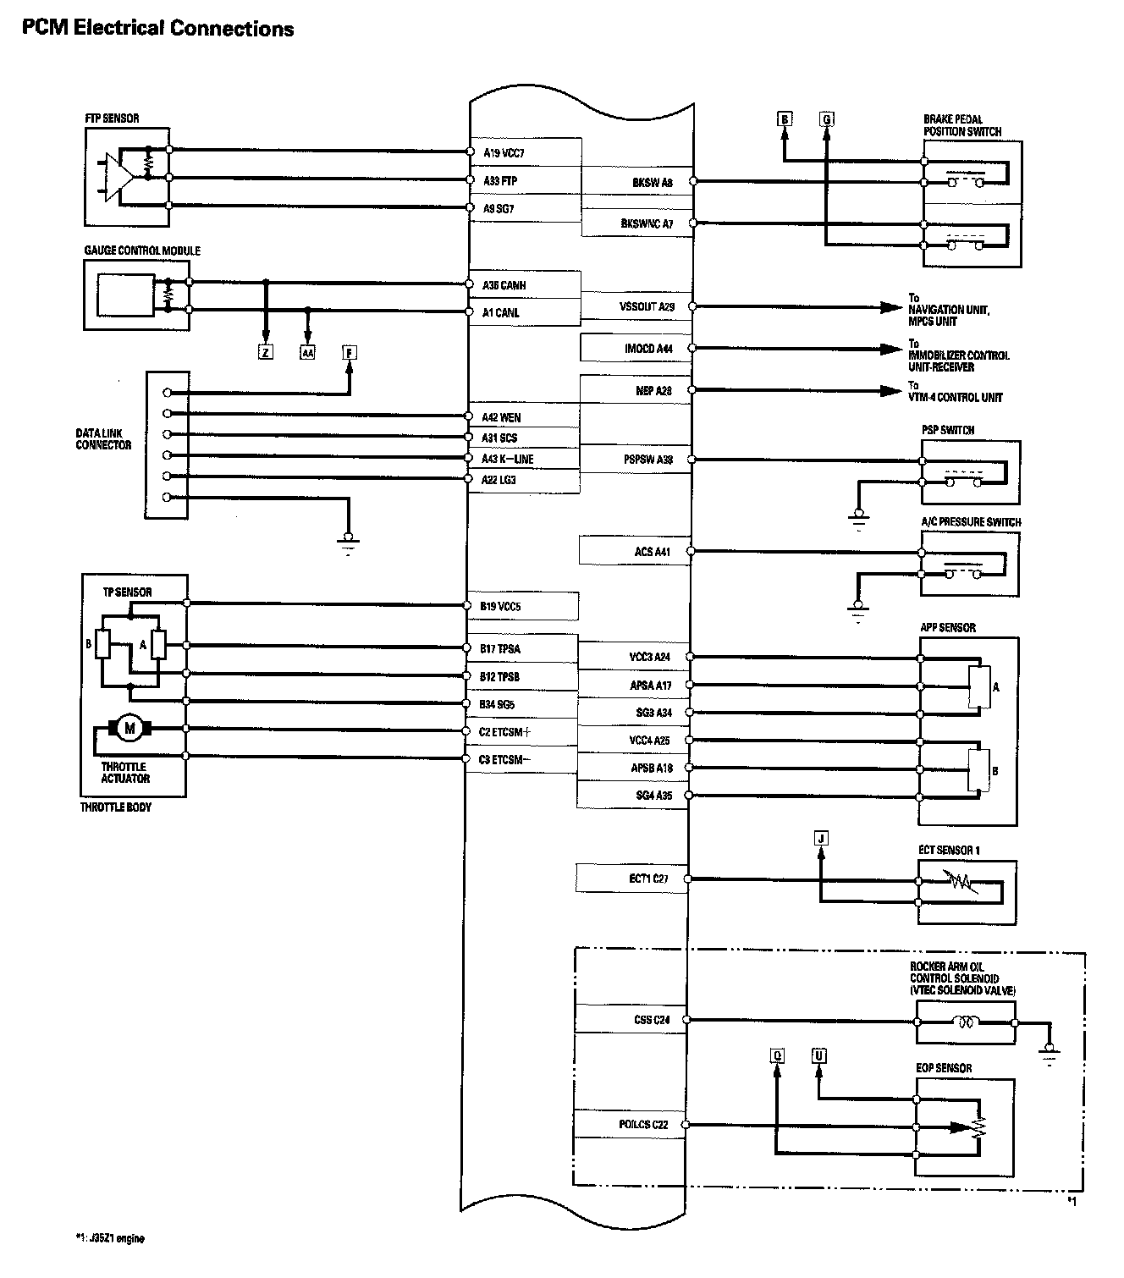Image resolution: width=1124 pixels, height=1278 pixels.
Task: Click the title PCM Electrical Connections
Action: coord(157,28)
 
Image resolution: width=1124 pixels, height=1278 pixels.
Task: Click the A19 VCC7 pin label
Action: coord(504,153)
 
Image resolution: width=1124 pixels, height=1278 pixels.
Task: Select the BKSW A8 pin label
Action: coord(652,181)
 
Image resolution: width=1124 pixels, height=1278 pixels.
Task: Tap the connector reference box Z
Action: coord(266,352)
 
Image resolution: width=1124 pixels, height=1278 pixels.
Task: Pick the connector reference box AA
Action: coord(307,352)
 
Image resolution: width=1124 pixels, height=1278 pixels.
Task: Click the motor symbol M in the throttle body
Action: coord(129,728)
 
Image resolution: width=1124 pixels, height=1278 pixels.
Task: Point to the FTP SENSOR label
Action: coord(112,118)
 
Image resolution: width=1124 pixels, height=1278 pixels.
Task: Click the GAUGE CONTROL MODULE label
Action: coord(142,251)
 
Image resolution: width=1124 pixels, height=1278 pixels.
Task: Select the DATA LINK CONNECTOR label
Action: coord(103,438)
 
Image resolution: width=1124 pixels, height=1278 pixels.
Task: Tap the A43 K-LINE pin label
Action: coord(508,459)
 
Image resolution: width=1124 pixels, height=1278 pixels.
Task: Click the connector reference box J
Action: coord(820,838)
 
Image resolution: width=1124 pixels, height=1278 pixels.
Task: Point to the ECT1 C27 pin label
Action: coord(648,879)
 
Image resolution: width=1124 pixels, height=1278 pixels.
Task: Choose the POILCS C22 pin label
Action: coord(643,1125)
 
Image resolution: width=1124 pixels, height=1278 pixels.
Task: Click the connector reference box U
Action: coord(818,1055)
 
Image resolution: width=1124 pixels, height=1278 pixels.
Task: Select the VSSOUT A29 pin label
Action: coord(647,306)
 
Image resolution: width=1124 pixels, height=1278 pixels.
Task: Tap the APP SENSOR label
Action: coord(948,627)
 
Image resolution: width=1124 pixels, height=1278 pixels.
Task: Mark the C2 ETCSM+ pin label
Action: coord(504,731)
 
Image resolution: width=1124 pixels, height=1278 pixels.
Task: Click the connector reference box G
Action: coord(827,119)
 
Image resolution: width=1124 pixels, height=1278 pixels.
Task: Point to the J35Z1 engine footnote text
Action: coord(110,1238)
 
